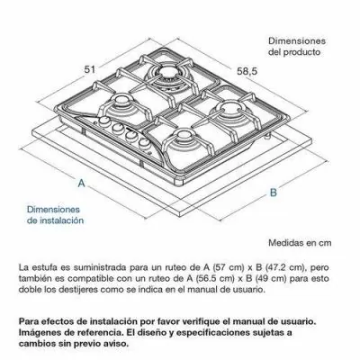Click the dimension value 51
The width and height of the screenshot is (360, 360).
[x=89, y=69]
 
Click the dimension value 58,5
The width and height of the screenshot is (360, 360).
[x=247, y=71]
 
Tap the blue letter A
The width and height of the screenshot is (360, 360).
[x=81, y=183]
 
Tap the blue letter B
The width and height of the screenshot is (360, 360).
[x=273, y=193]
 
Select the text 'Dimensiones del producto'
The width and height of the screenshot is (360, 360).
[x=297, y=46]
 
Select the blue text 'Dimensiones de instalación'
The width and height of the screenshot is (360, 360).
[x=56, y=215]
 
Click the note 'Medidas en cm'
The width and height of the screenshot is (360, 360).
[x=300, y=243]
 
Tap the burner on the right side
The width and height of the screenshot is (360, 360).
[x=231, y=108]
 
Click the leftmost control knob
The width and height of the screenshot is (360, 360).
[x=104, y=121]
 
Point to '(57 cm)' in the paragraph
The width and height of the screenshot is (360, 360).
[x=219, y=267]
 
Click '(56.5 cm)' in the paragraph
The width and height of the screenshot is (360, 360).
[x=214, y=278]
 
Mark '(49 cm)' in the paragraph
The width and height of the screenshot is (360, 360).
[x=271, y=278]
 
